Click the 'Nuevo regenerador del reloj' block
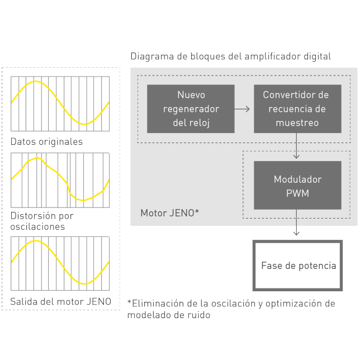(191, 108)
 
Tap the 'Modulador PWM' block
(297, 186)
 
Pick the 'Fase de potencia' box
(298, 266)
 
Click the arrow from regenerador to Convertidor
(242, 108)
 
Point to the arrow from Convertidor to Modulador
(297, 146)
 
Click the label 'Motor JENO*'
(170, 213)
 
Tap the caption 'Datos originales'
(46, 141)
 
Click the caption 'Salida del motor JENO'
(60, 301)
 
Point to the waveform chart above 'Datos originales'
(60, 103)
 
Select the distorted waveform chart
(60, 180)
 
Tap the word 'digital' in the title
(316, 56)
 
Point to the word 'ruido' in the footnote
(200, 315)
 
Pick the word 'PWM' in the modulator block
(297, 193)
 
